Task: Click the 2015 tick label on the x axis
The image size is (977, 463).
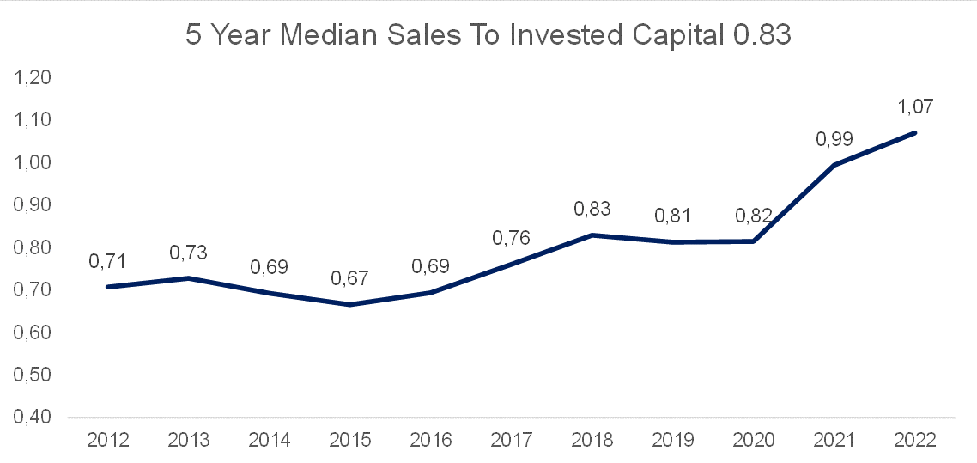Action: pyautogui.click(x=350, y=440)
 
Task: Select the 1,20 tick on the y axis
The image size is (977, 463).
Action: pyautogui.click(x=29, y=78)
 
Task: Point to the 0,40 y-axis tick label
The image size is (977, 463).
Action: pyautogui.click(x=29, y=417)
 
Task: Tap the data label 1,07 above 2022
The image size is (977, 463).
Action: pyautogui.click(x=914, y=107)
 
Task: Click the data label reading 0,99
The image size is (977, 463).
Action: pyautogui.click(x=834, y=138)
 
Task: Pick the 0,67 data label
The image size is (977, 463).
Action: pyautogui.click(x=350, y=278)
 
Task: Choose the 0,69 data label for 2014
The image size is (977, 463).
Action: pyautogui.click(x=269, y=266)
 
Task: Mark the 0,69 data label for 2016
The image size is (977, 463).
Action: pyautogui.click(x=430, y=266)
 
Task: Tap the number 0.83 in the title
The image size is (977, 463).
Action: pyautogui.click(x=755, y=36)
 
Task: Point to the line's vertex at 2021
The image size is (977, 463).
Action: pyautogui.click(x=834, y=165)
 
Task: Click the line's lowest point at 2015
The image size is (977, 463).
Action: pyautogui.click(x=350, y=304)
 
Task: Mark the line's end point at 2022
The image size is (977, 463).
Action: pyautogui.click(x=915, y=132)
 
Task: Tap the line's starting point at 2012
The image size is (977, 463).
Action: pyautogui.click(x=108, y=286)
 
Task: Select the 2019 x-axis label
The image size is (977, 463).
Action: pyautogui.click(x=673, y=440)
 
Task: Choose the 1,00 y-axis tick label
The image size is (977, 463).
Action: pyautogui.click(x=29, y=163)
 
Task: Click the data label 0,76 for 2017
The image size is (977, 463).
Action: pyautogui.click(x=512, y=237)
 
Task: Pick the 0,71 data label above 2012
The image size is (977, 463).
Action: pyautogui.click(x=108, y=260)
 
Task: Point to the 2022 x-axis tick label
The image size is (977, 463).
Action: pyautogui.click(x=915, y=440)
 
